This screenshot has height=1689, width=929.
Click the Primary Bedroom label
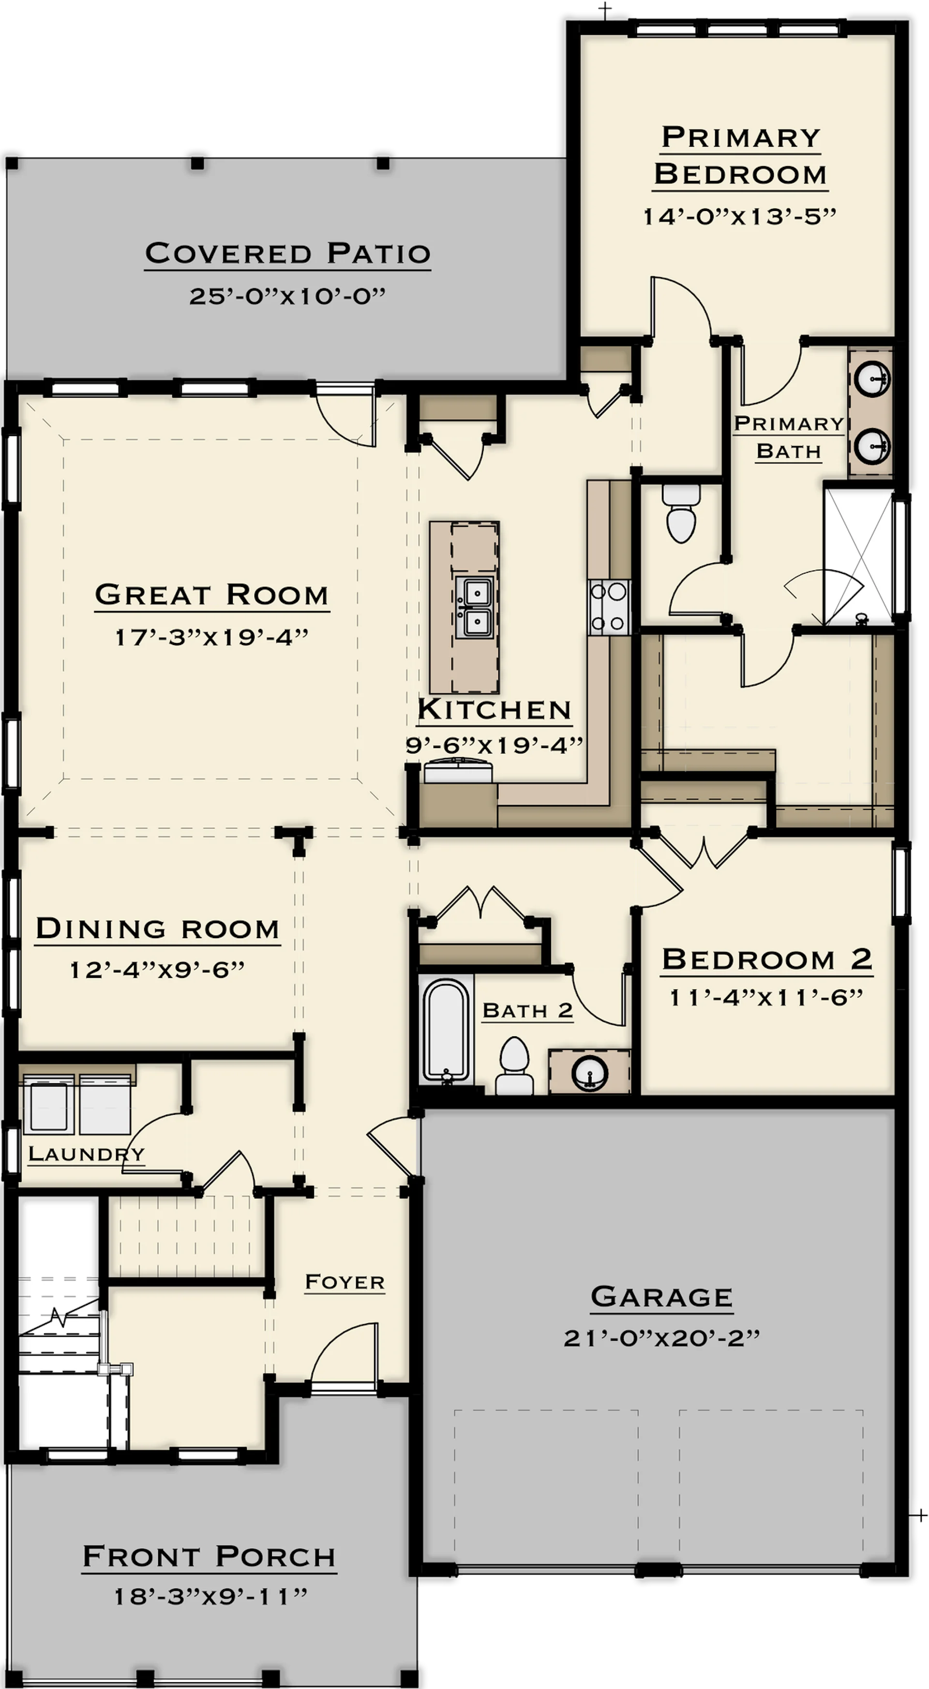[740, 156]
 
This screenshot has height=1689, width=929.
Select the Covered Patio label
[288, 253]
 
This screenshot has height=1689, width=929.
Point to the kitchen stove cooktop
[608, 607]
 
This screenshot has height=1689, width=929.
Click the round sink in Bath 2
[589, 1073]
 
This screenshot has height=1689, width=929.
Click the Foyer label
[345, 1282]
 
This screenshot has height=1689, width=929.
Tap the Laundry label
[86, 1153]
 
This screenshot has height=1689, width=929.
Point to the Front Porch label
[209, 1556]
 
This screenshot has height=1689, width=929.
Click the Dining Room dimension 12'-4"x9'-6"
[157, 969]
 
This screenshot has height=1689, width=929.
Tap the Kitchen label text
[494, 709]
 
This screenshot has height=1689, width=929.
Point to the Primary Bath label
[789, 437]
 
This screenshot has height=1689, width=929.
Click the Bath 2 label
[528, 1010]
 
